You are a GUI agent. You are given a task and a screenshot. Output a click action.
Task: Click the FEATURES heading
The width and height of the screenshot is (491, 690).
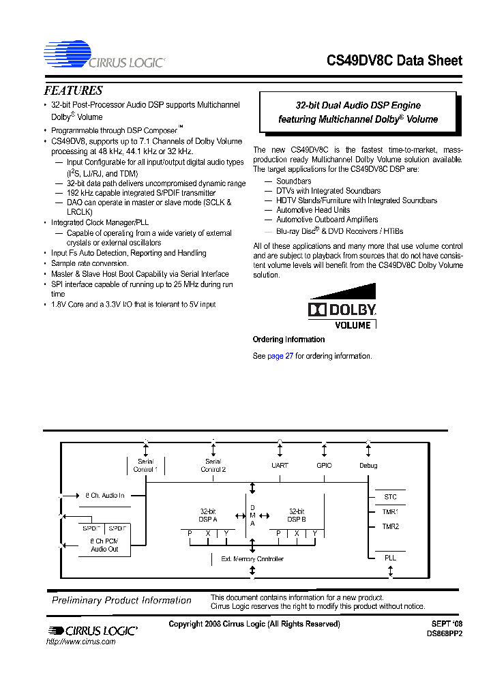pos(74,91)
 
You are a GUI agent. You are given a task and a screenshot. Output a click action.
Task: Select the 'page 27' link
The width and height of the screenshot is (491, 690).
pos(280,356)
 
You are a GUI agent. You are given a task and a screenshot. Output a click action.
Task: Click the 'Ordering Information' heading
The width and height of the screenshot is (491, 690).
pos(288,340)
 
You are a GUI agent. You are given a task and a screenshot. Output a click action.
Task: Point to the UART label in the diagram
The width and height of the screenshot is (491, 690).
pos(280,466)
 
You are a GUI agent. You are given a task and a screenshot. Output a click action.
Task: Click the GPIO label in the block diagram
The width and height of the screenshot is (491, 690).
pos(324,466)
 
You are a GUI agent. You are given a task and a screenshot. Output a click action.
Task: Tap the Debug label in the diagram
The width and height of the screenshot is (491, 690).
pos(368,466)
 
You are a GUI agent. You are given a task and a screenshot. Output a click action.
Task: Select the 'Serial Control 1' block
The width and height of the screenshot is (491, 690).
pos(145,466)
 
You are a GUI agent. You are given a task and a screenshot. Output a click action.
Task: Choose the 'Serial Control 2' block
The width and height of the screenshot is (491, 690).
pos(213,466)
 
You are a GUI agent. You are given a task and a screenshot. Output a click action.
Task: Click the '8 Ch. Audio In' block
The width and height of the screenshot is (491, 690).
pos(105,496)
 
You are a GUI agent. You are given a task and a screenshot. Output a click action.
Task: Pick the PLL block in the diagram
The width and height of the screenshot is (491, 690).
pos(390,558)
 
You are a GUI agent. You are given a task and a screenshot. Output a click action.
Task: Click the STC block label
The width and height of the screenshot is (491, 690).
pos(390,497)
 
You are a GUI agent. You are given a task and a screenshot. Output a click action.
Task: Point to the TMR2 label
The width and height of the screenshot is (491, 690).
pos(390,526)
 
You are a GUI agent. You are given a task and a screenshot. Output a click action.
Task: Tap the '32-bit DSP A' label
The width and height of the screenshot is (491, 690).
pos(208,515)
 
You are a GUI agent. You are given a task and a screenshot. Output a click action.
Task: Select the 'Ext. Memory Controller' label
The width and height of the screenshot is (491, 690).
pos(252,559)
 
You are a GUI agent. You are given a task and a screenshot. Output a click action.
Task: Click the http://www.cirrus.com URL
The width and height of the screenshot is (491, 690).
pos(80,642)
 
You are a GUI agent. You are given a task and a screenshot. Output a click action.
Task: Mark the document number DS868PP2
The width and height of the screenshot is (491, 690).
pos(444,633)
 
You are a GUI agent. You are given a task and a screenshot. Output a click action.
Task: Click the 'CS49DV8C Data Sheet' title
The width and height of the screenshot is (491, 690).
pos(395,61)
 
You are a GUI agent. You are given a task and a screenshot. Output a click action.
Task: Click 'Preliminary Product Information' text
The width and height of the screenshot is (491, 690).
pos(122,601)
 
